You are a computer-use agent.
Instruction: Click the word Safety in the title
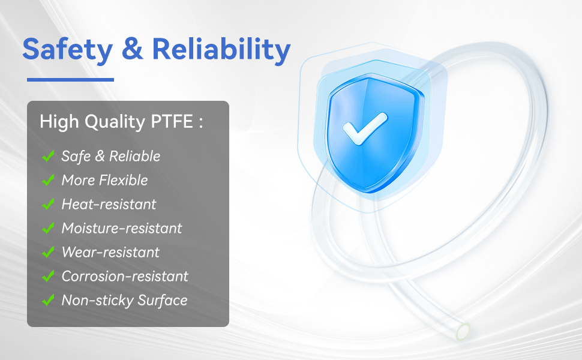68,50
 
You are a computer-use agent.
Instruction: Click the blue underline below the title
71,79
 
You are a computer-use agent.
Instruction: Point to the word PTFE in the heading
172,121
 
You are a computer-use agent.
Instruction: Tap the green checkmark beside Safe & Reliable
48,156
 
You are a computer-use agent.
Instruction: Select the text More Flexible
104,180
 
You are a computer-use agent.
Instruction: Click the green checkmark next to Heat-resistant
48,204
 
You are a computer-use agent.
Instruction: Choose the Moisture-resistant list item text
122,228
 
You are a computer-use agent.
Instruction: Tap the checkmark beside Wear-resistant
48,252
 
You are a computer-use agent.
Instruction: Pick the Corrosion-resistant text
125,276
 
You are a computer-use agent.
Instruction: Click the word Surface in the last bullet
162,301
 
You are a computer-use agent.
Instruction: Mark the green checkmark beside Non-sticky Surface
48,300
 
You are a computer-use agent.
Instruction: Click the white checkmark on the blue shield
365,128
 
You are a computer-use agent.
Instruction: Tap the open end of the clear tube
463,331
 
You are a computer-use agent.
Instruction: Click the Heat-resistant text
109,204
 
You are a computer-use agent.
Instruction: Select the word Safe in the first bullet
76,156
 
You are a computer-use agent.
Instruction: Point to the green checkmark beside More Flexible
48,180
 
